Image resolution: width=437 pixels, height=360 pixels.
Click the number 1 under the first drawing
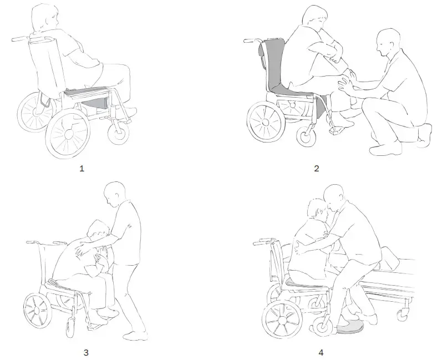(82, 169)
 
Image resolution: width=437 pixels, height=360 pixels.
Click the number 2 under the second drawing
(316, 169)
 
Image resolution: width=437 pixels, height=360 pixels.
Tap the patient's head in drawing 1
(43, 19)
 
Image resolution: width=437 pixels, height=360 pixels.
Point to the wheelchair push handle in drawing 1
(21, 39)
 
